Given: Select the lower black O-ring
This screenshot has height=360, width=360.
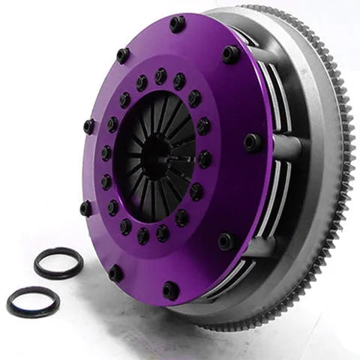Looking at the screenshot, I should (x=33, y=301).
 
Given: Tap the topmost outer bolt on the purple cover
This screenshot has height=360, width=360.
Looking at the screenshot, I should (x=177, y=24).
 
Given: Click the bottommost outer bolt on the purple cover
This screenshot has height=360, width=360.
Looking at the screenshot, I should (x=171, y=290).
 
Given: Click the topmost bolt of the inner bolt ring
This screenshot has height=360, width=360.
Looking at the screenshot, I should (x=160, y=76).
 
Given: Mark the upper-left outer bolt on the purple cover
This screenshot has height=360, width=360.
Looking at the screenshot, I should (x=122, y=55).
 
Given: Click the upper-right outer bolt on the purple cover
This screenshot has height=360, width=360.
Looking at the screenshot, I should (x=231, y=54).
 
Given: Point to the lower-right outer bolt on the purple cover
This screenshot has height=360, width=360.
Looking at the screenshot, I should (x=226, y=241).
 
